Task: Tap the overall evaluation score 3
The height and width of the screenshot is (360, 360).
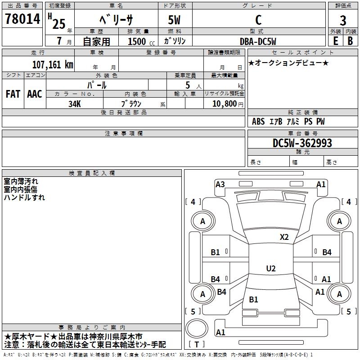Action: click(343, 21)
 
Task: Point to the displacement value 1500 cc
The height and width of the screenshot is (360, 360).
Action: click(137, 41)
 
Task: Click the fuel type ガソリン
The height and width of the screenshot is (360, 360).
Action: click(175, 41)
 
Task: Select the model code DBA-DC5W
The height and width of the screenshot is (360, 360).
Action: click(257, 41)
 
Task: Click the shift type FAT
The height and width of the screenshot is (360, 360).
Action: click(13, 94)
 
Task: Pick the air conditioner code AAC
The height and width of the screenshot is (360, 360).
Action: click(35, 94)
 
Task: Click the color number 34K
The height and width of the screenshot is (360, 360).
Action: click(74, 103)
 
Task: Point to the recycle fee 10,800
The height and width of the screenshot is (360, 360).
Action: click(223, 103)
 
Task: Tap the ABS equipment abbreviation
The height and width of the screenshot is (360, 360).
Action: click(258, 121)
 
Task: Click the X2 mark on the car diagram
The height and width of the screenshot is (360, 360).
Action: click(284, 237)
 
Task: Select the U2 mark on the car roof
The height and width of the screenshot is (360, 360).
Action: click(270, 269)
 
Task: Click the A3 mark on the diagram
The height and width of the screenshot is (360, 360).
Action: click(220, 184)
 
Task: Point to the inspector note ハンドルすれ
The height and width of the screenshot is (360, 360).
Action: click(24, 198)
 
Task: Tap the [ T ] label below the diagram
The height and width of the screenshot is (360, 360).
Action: click(197, 344)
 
